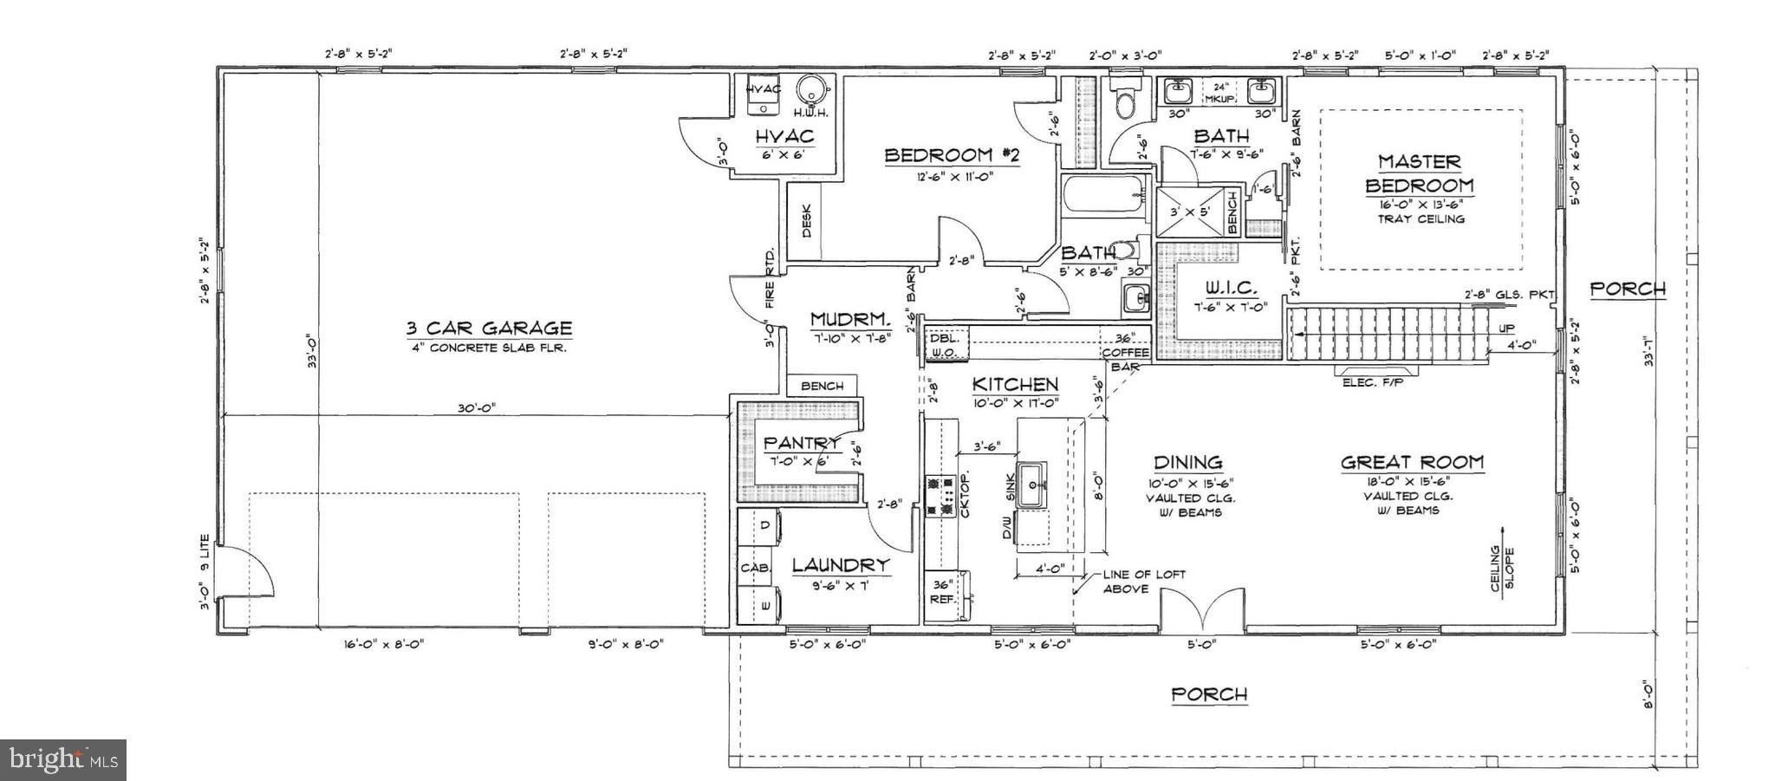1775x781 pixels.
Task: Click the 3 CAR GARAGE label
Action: click(489, 329)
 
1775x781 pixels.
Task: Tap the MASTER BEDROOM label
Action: click(1419, 173)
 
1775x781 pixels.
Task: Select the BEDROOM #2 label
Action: click(951, 156)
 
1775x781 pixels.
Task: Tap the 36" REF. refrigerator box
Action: click(942, 591)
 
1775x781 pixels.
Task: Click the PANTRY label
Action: click(801, 443)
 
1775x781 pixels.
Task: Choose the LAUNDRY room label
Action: click(841, 565)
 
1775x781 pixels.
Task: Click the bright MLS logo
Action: click(63, 760)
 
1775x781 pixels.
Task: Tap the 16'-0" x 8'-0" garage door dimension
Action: click(382, 644)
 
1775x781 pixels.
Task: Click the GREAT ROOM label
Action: click(1412, 463)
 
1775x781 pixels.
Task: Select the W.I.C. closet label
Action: click(1231, 288)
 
